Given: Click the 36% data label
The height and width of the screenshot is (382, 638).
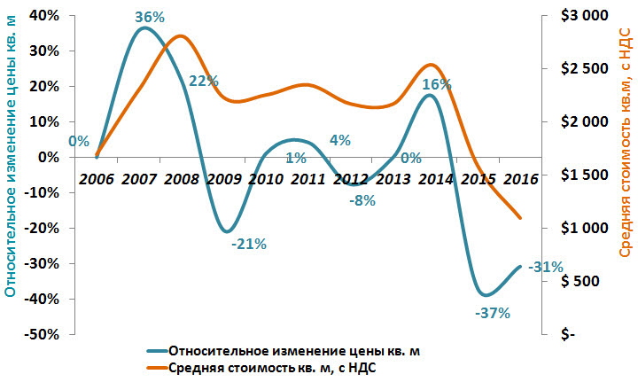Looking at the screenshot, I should tap(149, 17).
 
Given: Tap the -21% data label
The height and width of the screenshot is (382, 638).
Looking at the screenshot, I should tap(249, 244).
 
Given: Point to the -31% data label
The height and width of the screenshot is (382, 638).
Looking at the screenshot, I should tap(545, 267).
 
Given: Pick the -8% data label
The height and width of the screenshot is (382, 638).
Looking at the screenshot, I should tap(362, 199).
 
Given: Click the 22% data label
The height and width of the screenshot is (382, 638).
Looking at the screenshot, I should tap(204, 81).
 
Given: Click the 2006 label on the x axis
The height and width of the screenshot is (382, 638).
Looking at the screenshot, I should tap(97, 179).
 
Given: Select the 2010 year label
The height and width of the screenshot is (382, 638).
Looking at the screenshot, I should tap(265, 179).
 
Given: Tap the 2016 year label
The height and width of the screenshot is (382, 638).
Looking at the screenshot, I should tap(520, 179).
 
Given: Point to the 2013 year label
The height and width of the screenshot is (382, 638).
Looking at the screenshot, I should tap(393, 179).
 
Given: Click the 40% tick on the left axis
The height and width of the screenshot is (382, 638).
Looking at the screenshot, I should tap(43, 16).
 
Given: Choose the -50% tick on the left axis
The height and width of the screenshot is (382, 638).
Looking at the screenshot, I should tap(41, 335).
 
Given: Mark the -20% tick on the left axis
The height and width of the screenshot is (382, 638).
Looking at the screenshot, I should tap(41, 229).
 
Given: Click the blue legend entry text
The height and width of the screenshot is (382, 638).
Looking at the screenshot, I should tap(293, 351).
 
